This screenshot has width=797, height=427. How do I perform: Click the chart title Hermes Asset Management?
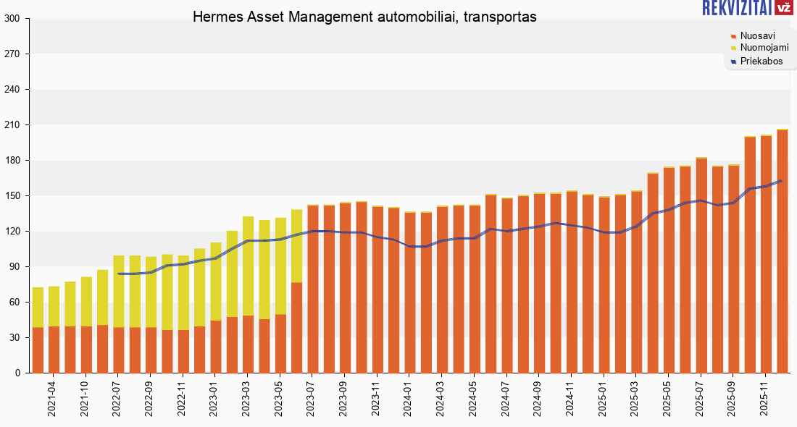click(x=364, y=17)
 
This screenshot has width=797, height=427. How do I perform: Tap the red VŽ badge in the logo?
click(x=783, y=8)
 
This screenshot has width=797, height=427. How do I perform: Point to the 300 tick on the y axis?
click(x=12, y=19)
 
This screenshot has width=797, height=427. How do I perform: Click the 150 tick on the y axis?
click(x=12, y=196)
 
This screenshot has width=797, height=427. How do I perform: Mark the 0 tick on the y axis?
click(x=17, y=373)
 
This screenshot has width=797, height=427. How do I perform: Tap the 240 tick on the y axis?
click(x=12, y=90)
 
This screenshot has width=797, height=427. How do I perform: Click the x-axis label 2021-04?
click(x=52, y=399)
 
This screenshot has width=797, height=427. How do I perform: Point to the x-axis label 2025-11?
click(x=764, y=399)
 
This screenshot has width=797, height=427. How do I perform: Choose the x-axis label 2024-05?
click(x=475, y=399)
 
